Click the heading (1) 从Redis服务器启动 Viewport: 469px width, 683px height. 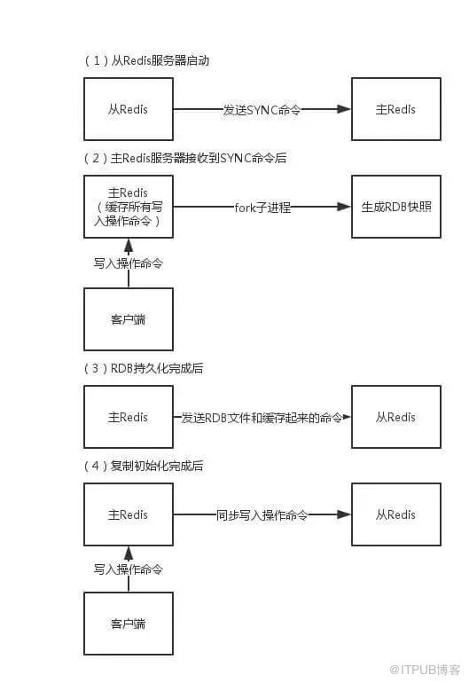coord(147,60)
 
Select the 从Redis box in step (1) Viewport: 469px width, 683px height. coord(129,109)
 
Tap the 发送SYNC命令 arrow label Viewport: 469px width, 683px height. coord(262,109)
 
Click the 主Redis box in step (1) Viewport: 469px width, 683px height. coord(395,109)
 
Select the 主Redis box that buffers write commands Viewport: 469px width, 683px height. coord(129,207)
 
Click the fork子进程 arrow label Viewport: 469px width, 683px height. coord(262,207)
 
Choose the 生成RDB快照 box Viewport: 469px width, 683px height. coord(395,207)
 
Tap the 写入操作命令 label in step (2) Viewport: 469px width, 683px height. coord(129,263)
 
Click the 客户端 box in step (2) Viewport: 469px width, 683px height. coord(129,318)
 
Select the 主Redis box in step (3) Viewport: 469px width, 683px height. coord(129,417)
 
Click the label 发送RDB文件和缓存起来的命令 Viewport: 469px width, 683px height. coord(262,417)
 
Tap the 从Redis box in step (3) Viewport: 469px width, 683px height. coord(395,417)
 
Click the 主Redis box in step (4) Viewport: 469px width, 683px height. coord(129,514)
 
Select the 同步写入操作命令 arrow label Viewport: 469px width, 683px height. coord(262,514)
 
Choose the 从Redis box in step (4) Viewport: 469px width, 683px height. coord(395,514)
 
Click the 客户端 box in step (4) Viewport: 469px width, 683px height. coord(129,624)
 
